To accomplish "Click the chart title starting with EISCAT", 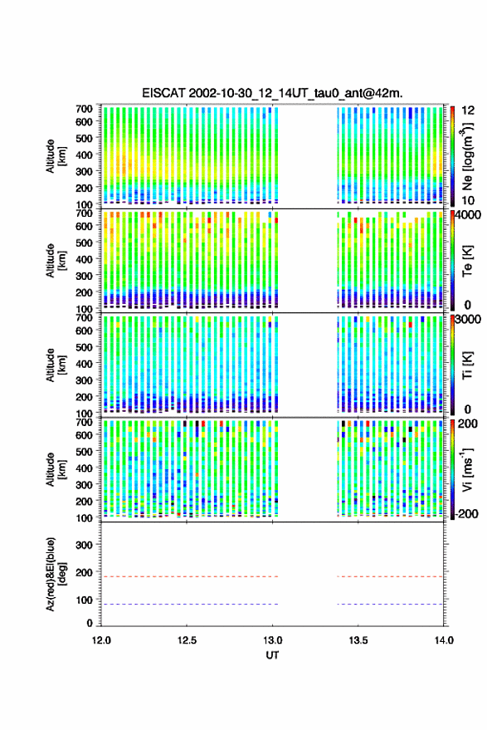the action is [273, 93].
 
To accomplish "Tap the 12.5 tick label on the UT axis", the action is [187, 640].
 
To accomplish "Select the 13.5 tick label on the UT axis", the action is [358, 640].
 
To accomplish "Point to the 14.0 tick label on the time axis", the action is [444, 640].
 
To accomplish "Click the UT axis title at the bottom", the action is [273, 655].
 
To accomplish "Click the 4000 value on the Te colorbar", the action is [468, 216].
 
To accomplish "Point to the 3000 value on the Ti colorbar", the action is [468, 320].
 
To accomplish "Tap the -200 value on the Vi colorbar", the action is [466, 513].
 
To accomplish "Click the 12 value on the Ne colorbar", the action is [468, 110].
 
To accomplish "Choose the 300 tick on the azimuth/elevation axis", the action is [84, 545].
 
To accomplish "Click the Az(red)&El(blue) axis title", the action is [56, 574].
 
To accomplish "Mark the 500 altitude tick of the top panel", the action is [84, 138].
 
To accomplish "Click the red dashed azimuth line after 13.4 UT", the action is [390, 576].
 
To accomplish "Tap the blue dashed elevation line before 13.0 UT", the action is [190, 605].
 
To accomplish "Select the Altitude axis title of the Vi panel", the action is [56, 469].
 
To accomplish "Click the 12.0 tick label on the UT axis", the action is [101, 640].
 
